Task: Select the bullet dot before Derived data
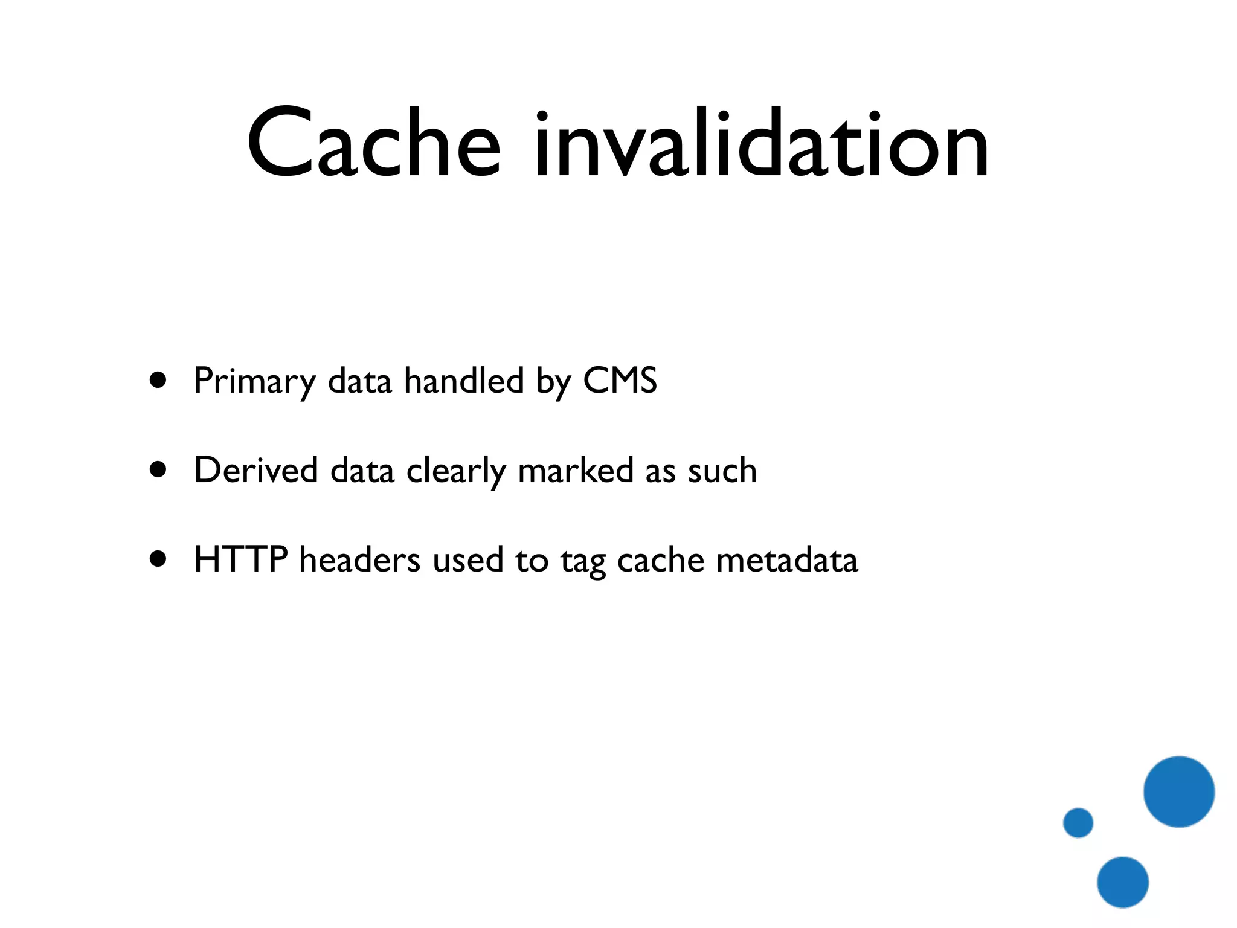158,469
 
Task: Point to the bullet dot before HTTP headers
158,559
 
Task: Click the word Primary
254,382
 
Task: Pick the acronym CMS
620,381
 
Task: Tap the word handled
464,381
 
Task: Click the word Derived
255,470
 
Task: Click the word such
722,471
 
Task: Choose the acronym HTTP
240,559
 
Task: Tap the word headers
359,559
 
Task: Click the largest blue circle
1178,791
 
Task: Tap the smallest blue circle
1078,822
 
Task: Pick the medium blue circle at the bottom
1123,882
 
